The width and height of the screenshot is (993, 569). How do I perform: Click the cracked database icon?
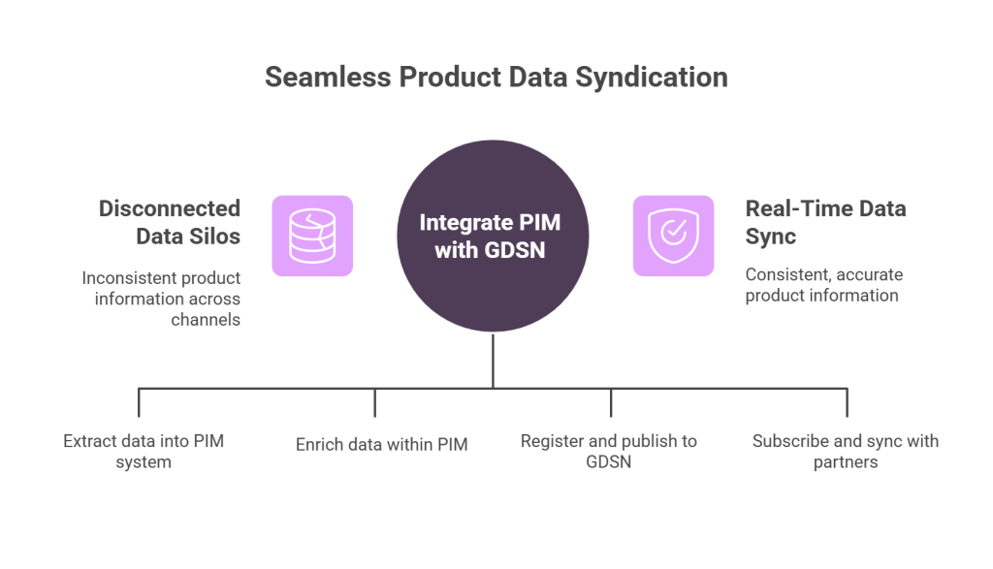(x=311, y=236)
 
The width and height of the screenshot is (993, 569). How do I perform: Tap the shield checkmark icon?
(x=674, y=236)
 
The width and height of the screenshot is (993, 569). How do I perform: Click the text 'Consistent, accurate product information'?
(x=822, y=285)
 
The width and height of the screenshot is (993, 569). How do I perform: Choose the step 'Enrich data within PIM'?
(x=382, y=446)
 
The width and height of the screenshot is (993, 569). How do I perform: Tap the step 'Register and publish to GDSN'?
(x=608, y=452)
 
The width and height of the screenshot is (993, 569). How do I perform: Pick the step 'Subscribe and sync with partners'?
(x=845, y=452)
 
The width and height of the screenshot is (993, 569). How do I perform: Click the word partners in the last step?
(x=845, y=462)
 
